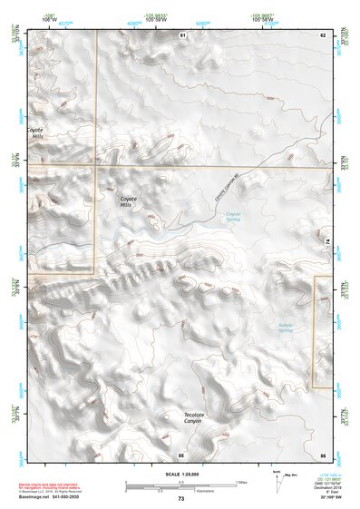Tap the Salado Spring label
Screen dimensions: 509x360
287,328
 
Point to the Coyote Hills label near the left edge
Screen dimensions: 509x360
36,133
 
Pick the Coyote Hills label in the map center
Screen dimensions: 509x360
130,201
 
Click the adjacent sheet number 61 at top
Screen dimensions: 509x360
181,34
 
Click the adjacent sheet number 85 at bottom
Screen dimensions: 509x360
181,454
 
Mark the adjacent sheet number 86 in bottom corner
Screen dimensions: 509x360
322,454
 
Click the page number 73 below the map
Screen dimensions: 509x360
181,499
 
